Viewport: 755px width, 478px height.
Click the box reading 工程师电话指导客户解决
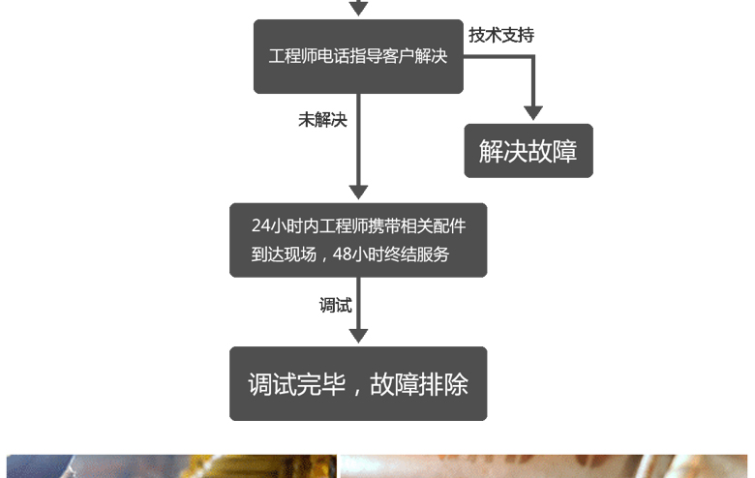point(358,56)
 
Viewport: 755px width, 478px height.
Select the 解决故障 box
point(528,151)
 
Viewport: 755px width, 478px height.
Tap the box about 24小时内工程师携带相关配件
point(358,240)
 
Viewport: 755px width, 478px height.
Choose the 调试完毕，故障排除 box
point(358,383)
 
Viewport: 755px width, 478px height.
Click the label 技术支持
point(501,35)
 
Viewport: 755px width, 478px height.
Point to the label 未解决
point(322,120)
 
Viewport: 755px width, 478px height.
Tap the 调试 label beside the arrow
point(335,305)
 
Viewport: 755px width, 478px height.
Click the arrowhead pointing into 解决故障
point(533,113)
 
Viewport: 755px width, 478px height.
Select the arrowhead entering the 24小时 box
point(358,193)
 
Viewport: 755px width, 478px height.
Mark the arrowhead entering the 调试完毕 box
point(358,336)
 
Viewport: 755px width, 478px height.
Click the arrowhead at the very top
point(358,8)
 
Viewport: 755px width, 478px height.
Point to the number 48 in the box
point(342,254)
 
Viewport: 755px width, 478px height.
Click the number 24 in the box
point(260,225)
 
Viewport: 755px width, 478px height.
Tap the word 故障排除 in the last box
point(419,384)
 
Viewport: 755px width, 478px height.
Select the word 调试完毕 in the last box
point(297,384)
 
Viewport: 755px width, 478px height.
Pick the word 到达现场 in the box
point(284,254)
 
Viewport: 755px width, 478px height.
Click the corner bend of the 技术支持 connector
point(533,57)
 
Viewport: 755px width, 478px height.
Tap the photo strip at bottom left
point(171,466)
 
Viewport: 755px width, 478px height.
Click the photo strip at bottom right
point(544,466)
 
